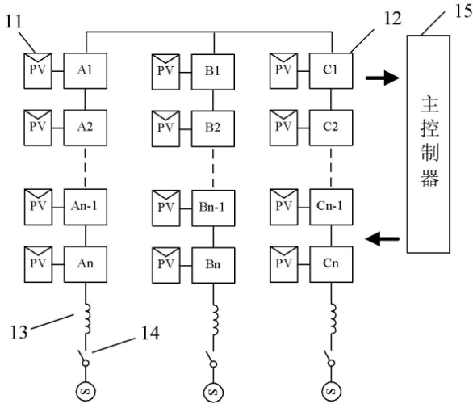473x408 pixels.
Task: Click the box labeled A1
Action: coord(85,70)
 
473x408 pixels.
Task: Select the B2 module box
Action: coord(213,128)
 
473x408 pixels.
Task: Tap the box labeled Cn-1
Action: coord(331,207)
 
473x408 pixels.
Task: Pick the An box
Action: coord(86,264)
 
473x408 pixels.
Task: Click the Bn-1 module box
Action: coord(213,208)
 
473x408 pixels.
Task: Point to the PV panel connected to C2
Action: coord(283,128)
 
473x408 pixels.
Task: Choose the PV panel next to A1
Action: coord(38,70)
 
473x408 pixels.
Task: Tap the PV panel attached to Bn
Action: coord(166,266)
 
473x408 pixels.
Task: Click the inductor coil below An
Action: coord(87,319)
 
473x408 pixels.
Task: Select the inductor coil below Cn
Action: coord(333,319)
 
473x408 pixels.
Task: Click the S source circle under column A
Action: coord(86,391)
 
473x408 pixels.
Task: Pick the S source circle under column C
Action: coord(331,391)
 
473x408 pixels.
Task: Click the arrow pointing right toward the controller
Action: coord(383,78)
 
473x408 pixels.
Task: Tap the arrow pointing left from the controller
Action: coord(383,239)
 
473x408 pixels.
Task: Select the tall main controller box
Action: coord(429,144)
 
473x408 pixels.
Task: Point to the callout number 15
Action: coord(463,11)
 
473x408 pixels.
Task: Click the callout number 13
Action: coord(19,332)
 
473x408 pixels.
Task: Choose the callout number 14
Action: coord(150,333)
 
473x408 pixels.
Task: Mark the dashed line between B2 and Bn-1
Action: coord(213,169)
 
